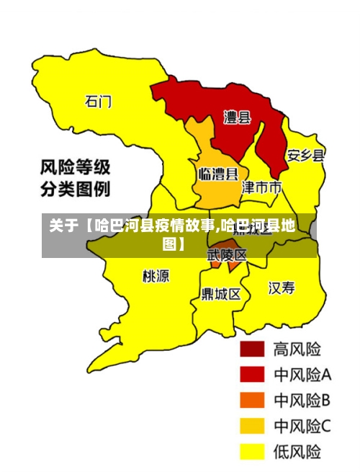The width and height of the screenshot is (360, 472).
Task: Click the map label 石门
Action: point(99,101)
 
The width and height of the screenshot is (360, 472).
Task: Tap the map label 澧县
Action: point(237,117)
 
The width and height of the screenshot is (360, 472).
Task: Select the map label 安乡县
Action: point(306,155)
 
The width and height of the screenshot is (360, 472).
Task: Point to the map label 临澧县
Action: point(218,174)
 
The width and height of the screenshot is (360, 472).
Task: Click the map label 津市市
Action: point(261,188)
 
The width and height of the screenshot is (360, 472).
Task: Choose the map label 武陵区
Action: point(227,255)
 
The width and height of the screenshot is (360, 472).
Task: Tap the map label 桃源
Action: point(156,275)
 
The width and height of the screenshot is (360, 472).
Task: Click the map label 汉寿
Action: point(282,288)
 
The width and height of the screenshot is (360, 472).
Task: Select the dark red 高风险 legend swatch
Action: point(252,349)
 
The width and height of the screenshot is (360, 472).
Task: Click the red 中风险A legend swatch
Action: point(252,375)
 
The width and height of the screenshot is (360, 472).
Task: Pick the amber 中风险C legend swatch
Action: point(252,427)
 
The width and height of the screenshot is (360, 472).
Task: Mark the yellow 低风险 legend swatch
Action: point(252,452)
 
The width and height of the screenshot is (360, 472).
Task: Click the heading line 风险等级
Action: point(75,168)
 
